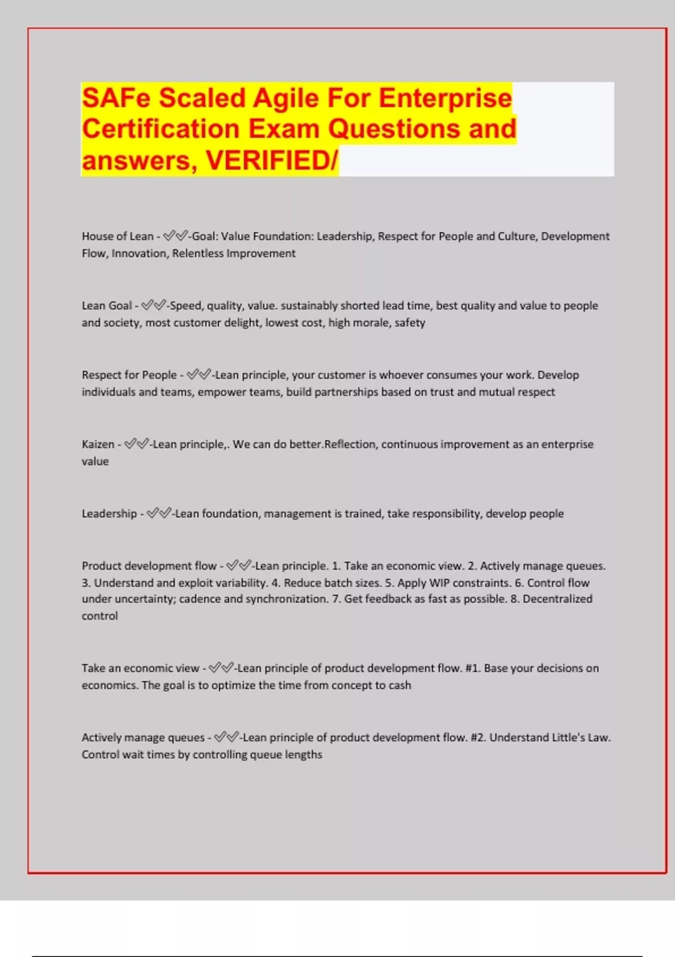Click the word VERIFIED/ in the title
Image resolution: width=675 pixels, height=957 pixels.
click(x=272, y=160)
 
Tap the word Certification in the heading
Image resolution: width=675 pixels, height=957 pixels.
click(x=161, y=128)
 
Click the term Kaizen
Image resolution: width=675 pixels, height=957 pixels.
click(x=98, y=444)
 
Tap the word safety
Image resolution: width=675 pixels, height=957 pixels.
click(x=409, y=323)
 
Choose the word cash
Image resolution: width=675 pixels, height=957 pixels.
click(x=399, y=685)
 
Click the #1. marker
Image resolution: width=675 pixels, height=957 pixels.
click(x=472, y=668)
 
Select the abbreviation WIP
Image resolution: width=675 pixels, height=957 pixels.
click(x=439, y=583)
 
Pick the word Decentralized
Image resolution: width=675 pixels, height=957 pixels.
click(x=557, y=599)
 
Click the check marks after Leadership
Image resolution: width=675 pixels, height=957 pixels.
click(x=159, y=513)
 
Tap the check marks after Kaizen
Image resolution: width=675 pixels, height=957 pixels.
click(x=137, y=444)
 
